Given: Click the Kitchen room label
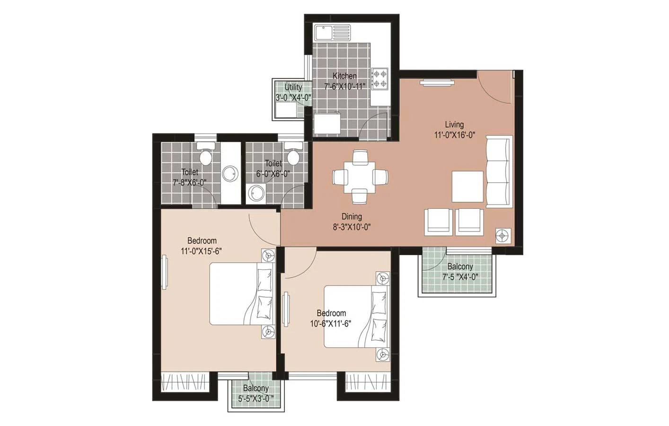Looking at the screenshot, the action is [x=344, y=76].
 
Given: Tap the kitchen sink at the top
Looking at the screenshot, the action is [x=332, y=33].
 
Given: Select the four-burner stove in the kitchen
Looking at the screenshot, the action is [x=380, y=79].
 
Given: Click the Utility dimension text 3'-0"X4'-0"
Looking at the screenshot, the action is [x=293, y=98].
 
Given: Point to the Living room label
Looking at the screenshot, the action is [x=454, y=124].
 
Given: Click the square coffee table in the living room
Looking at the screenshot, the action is [x=467, y=186].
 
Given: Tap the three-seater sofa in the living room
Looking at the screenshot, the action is [x=499, y=171].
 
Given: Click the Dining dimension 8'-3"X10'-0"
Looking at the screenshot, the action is [x=352, y=227].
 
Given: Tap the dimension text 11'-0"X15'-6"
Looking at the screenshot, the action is [x=201, y=251].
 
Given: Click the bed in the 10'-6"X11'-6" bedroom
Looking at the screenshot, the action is [x=356, y=316].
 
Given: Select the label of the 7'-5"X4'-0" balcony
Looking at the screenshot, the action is [x=460, y=266].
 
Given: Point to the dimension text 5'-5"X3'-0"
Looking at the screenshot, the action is [x=256, y=399].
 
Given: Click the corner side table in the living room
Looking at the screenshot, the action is [x=503, y=236].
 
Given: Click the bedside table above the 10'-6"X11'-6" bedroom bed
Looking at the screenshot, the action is [x=383, y=278].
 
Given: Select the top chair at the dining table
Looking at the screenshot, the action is [x=360, y=157].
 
